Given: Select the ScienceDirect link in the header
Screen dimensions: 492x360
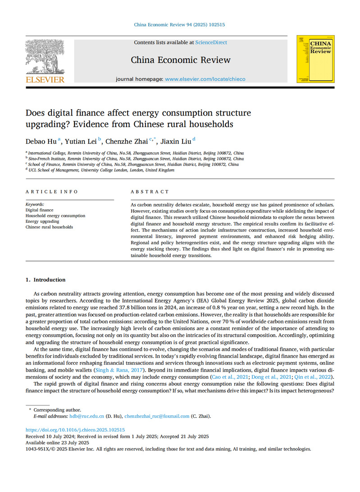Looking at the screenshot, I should point(211,42).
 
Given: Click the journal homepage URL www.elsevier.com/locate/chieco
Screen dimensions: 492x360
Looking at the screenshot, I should point(205,79).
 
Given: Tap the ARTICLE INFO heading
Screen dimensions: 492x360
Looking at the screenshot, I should point(52,192).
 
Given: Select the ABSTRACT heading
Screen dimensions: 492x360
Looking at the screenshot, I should point(150,192).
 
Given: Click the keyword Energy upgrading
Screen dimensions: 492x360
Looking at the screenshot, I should point(42,221).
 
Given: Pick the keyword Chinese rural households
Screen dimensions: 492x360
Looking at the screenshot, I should point(49,227).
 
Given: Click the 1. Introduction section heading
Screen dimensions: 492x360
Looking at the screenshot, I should point(46,280).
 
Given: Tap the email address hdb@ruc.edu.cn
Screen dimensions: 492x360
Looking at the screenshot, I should point(87,416).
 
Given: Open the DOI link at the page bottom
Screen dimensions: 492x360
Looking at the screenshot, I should point(75,430).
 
